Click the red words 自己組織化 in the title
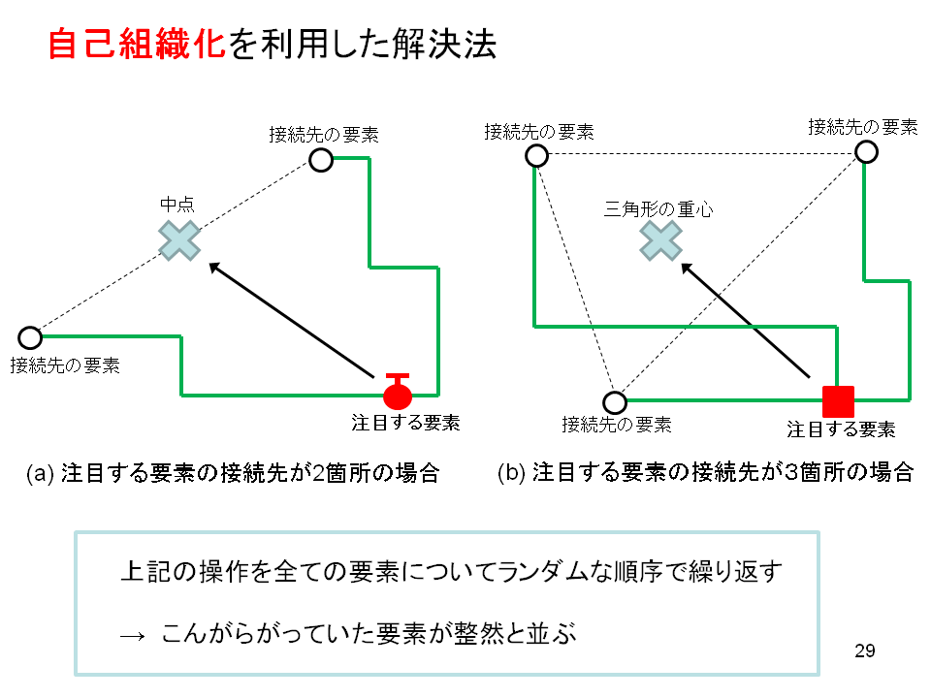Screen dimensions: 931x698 (137, 44)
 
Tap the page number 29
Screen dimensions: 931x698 (864, 651)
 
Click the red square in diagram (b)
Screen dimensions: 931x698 (838, 401)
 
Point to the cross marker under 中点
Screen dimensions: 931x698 (179, 240)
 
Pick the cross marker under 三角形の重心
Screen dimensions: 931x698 (660, 240)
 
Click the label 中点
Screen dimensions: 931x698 (177, 205)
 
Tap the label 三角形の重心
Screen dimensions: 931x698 (658, 209)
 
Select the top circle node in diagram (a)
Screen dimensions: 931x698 (321, 160)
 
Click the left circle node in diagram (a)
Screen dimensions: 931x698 (30, 337)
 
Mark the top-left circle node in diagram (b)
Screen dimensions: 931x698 (536, 156)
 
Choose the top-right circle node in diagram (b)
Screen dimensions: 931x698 (866, 152)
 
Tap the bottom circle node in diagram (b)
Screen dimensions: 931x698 (615, 402)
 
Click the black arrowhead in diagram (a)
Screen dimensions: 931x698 (215, 268)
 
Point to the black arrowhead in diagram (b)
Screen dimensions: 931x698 (687, 269)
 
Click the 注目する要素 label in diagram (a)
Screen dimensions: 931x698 (405, 423)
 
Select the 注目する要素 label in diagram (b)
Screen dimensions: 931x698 (842, 429)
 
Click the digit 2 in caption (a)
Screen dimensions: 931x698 (318, 473)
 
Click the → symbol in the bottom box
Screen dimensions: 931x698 (132, 636)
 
